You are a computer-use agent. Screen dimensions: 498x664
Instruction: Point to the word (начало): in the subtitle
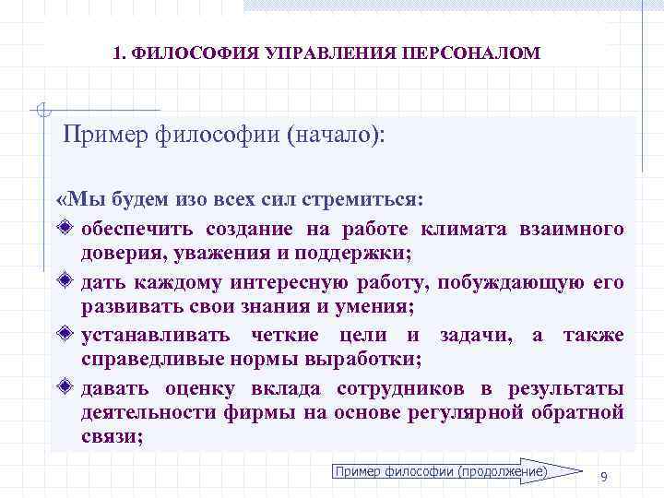[x=336, y=136]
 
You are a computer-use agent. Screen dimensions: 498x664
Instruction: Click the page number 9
[x=603, y=476]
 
